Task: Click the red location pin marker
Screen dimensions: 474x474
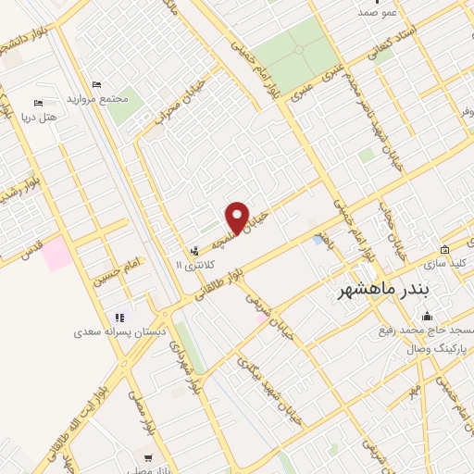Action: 238,217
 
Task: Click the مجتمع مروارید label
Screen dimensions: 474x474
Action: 96,98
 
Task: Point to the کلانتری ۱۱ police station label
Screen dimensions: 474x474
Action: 193,265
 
